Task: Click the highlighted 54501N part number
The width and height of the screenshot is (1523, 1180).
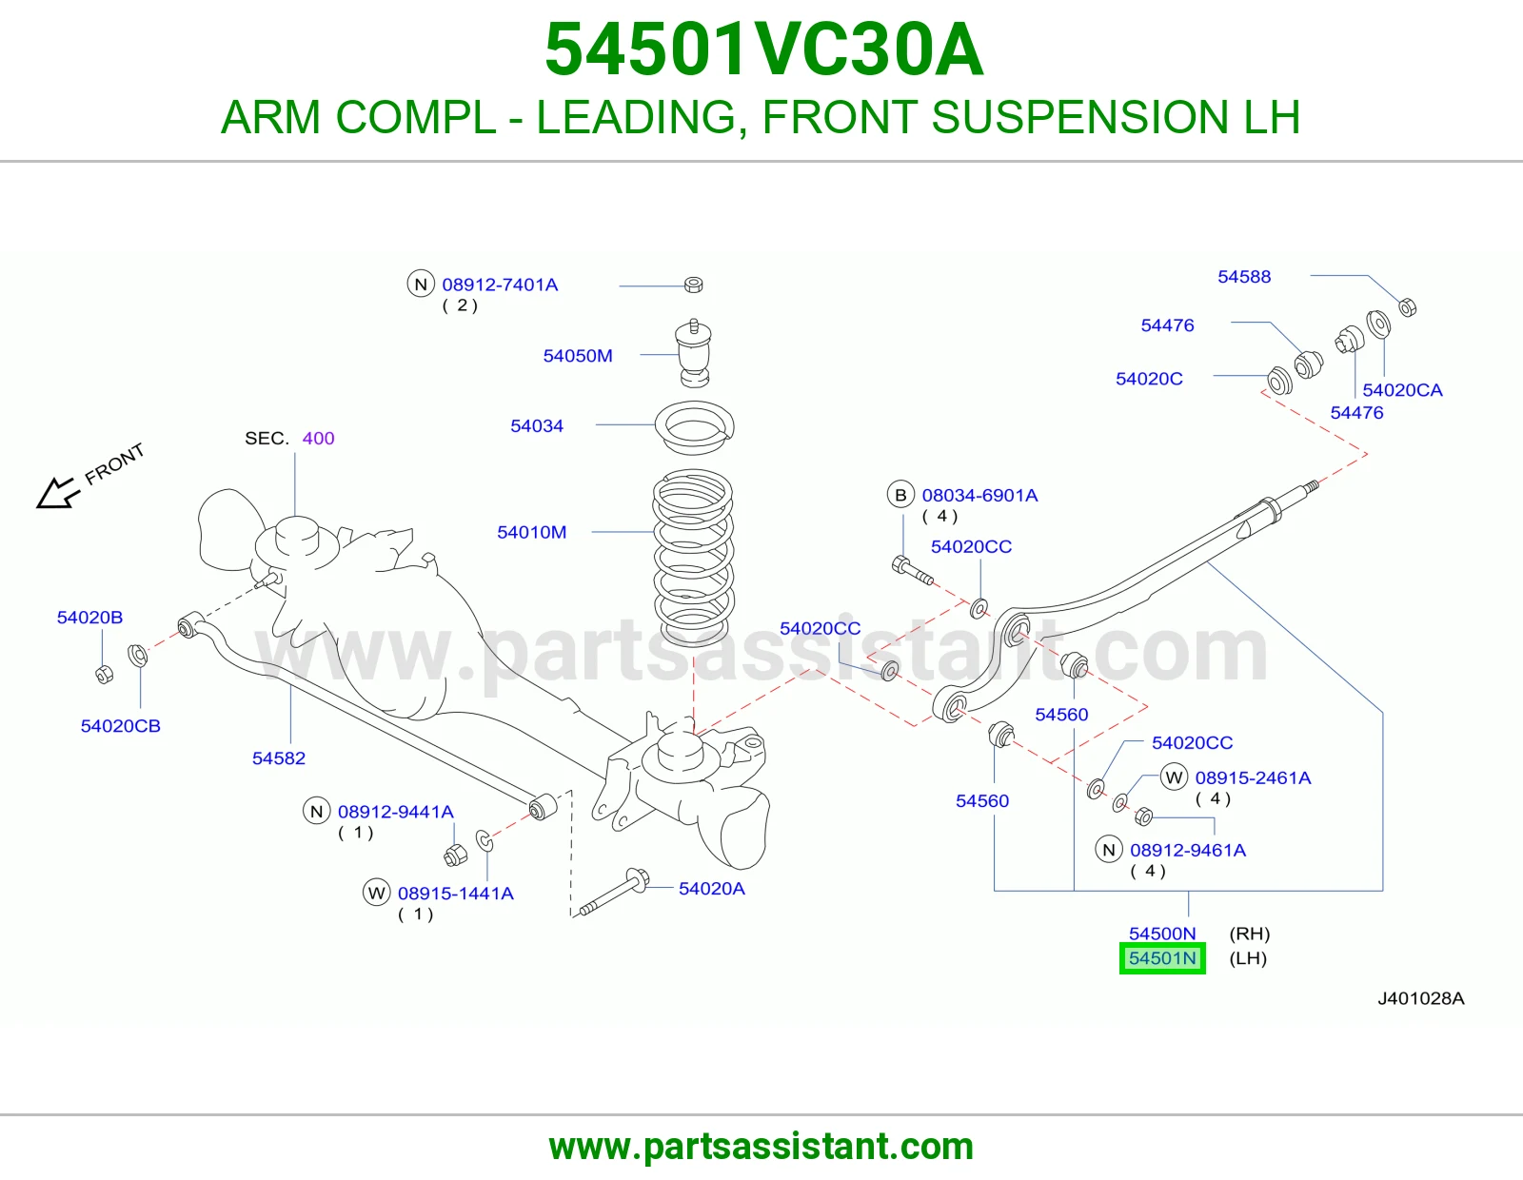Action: click(x=1162, y=958)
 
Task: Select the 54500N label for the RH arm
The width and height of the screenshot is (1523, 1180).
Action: click(x=1162, y=934)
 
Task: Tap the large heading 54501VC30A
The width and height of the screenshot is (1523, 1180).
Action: click(x=764, y=49)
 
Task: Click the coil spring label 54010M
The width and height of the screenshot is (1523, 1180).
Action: click(x=531, y=532)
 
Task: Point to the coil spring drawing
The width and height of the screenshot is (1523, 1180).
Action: click(x=693, y=557)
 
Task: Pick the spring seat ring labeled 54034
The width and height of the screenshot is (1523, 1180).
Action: click(x=695, y=428)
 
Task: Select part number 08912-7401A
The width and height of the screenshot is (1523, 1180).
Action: click(x=500, y=285)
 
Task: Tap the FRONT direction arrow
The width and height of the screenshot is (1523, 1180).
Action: click(x=57, y=493)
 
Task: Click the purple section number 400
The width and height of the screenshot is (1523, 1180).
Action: click(x=318, y=438)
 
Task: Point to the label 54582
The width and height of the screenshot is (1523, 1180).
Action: click(x=278, y=758)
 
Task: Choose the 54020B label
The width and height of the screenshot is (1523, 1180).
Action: click(x=89, y=618)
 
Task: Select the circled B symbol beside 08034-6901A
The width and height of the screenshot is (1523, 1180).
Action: click(x=900, y=495)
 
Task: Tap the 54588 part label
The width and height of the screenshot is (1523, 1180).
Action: click(x=1244, y=277)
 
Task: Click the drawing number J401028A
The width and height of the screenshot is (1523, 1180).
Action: click(x=1420, y=998)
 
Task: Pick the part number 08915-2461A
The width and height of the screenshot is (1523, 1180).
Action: click(x=1253, y=777)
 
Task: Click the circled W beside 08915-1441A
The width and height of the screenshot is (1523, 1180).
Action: click(x=376, y=893)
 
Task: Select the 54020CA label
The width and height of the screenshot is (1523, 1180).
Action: click(x=1402, y=390)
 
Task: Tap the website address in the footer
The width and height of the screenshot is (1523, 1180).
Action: click(x=761, y=1147)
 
